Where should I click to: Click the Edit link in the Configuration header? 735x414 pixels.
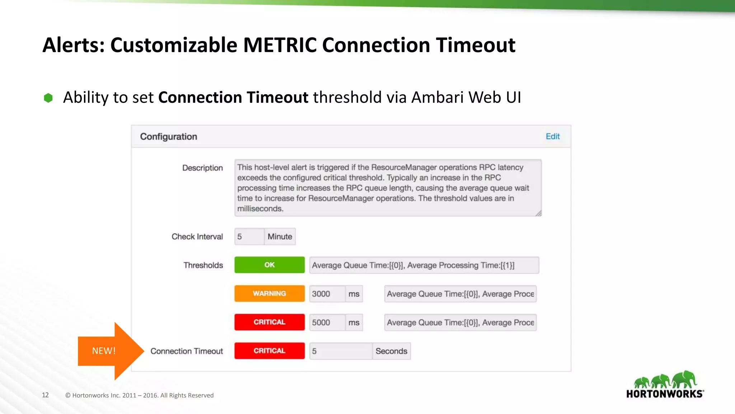(x=552, y=137)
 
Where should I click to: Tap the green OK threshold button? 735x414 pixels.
(x=270, y=265)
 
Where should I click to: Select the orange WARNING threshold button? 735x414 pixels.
(x=270, y=294)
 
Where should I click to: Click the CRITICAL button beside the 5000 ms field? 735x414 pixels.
(x=270, y=322)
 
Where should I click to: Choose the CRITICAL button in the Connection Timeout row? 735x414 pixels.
(x=270, y=351)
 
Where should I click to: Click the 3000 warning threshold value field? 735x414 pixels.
(x=327, y=294)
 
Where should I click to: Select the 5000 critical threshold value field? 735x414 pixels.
(x=327, y=322)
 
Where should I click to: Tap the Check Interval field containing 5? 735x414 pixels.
(x=249, y=236)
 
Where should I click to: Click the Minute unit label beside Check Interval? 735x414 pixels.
(x=280, y=236)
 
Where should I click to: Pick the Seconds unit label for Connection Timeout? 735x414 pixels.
(x=391, y=351)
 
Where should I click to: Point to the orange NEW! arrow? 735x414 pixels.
(x=108, y=351)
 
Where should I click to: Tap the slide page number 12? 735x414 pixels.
(x=45, y=395)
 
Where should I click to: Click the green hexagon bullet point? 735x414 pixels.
(x=48, y=98)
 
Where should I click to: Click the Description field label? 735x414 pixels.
(x=202, y=168)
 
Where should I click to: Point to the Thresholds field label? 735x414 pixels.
(x=203, y=265)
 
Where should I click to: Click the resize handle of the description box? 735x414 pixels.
(x=538, y=213)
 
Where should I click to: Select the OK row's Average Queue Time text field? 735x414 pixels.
(x=424, y=265)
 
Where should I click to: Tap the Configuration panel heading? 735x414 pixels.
(x=168, y=137)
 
